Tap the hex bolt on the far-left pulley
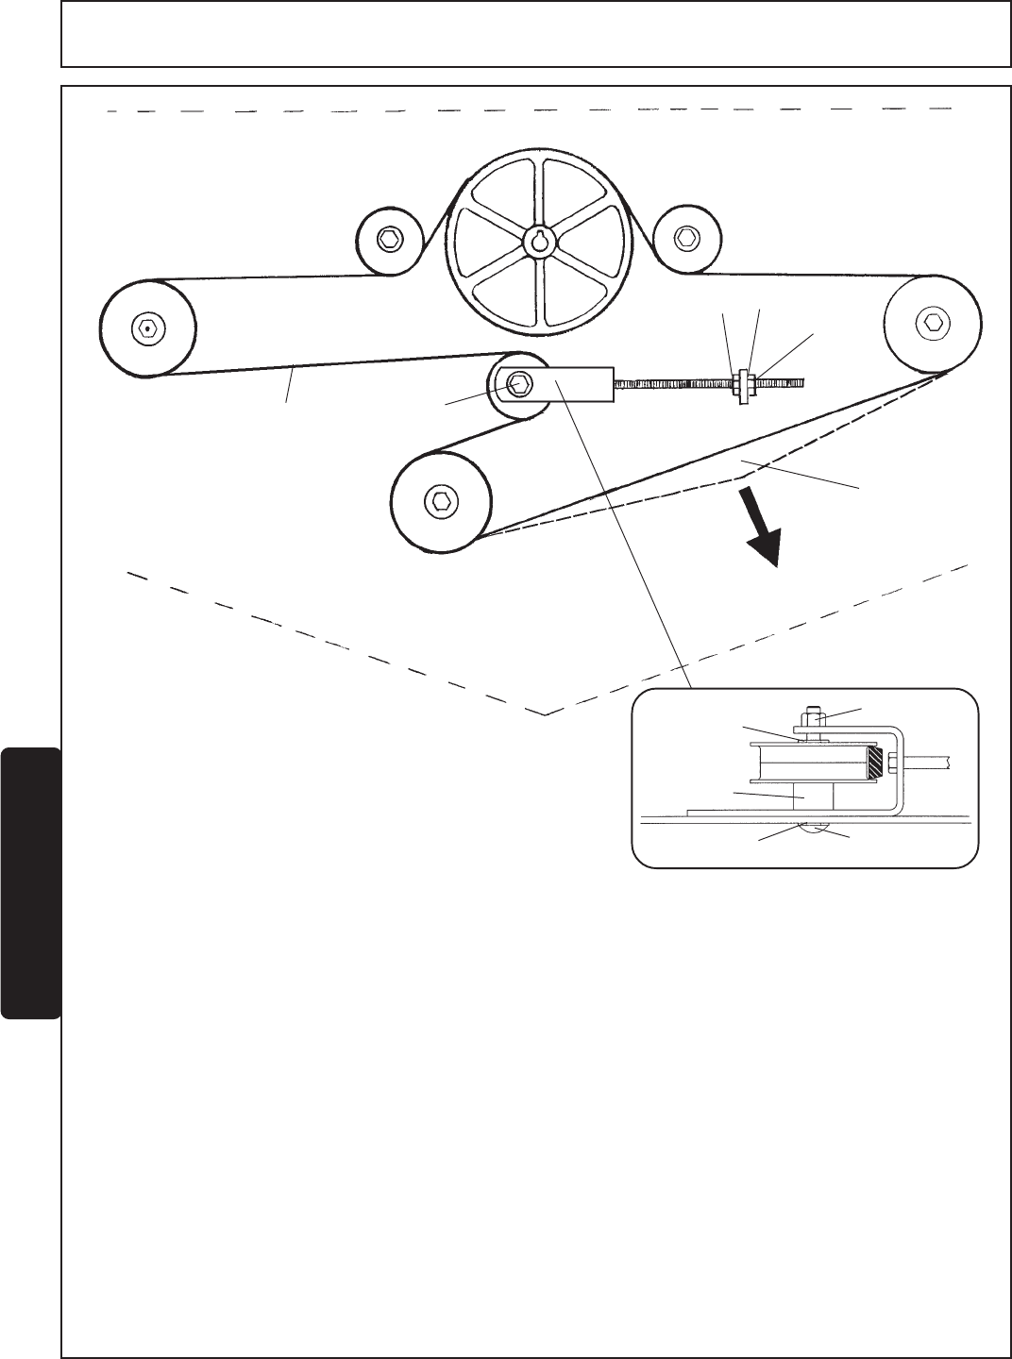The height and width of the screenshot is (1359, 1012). click(x=144, y=327)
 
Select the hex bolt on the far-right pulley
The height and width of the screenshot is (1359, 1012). click(x=934, y=323)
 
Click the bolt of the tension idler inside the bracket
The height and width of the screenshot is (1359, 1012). click(x=518, y=383)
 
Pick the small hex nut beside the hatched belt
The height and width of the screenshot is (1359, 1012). click(x=892, y=761)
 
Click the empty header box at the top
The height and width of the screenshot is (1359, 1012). click(x=535, y=35)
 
